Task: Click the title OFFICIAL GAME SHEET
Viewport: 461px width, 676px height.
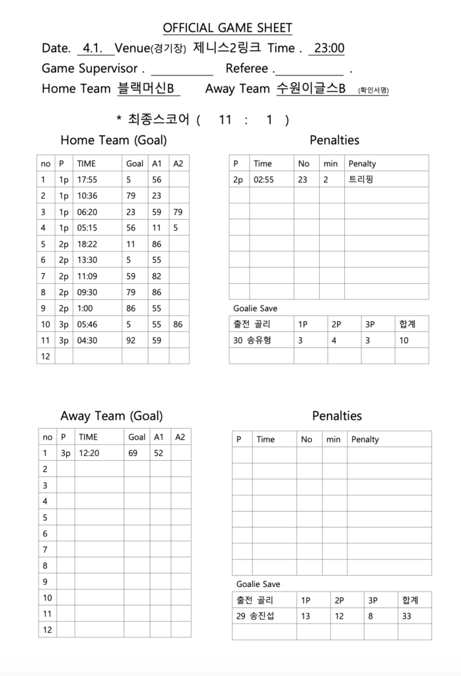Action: click(227, 28)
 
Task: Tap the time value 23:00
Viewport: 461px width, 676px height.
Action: click(329, 48)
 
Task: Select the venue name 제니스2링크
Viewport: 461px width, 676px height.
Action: click(227, 48)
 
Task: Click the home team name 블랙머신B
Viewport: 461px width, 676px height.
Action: click(145, 88)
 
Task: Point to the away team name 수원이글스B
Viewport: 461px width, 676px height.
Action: click(310, 88)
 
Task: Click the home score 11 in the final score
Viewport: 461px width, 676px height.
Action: click(225, 119)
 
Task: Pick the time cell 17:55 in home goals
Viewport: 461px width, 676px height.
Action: click(87, 180)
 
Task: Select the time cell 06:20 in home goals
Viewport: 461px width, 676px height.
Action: click(87, 212)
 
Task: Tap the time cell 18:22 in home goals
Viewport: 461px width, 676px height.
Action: click(87, 244)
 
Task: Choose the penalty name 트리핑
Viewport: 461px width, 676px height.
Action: click(361, 180)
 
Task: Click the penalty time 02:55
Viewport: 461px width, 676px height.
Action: click(264, 180)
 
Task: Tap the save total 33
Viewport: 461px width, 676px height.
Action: click(407, 617)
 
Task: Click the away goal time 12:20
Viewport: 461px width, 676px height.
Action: click(89, 454)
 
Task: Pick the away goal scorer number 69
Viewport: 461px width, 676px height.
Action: click(133, 454)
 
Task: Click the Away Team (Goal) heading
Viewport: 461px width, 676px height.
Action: click(111, 416)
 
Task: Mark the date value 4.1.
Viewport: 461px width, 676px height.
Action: click(91, 48)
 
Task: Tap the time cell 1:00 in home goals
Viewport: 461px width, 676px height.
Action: click(85, 308)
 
